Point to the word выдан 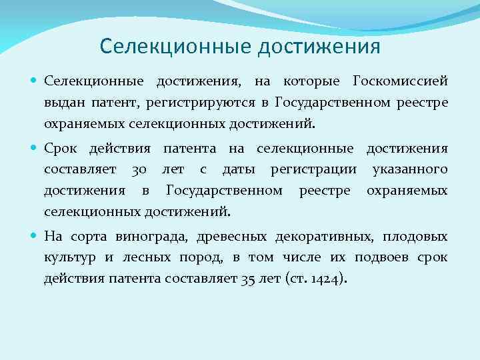tap(62, 102)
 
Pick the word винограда tap(145, 236)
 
